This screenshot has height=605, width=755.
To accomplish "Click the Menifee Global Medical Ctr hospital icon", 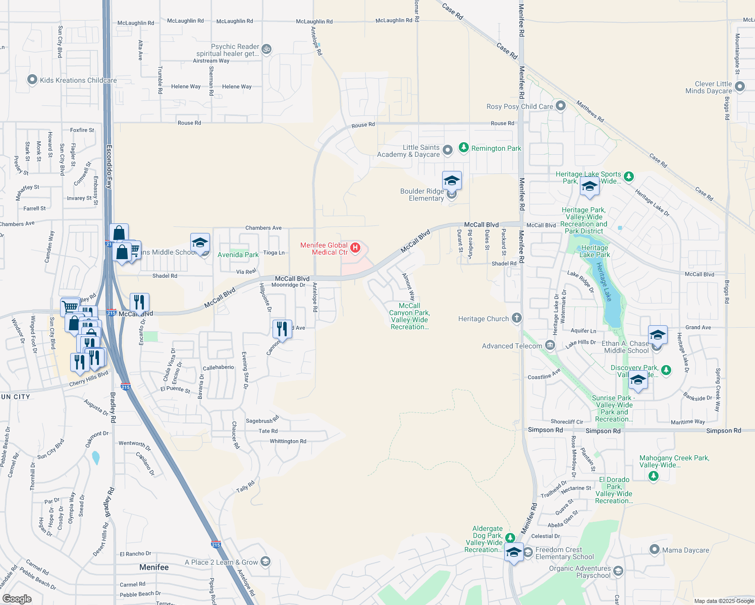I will tap(355, 248).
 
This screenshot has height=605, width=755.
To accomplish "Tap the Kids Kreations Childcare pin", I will tap(32, 80).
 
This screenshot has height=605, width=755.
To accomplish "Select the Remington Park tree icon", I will tap(464, 148).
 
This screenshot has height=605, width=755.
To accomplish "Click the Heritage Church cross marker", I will tap(516, 318).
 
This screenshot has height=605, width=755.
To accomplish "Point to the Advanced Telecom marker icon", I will tap(550, 345).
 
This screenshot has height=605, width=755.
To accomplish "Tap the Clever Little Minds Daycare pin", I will tap(740, 87).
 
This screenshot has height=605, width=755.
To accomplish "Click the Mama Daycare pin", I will tap(655, 550).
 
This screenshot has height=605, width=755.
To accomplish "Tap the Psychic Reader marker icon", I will tap(267, 49).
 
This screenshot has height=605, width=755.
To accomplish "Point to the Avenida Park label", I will tap(238, 255).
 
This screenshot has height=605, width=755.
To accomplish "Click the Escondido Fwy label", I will tap(109, 167).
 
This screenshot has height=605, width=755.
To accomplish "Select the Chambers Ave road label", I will tap(263, 228).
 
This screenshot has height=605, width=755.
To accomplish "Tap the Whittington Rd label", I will tap(288, 441).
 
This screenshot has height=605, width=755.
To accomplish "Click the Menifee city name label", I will tap(154, 567).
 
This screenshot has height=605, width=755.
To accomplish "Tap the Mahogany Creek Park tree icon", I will tap(654, 476).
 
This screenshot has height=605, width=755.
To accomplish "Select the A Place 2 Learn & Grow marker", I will tap(265, 562).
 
